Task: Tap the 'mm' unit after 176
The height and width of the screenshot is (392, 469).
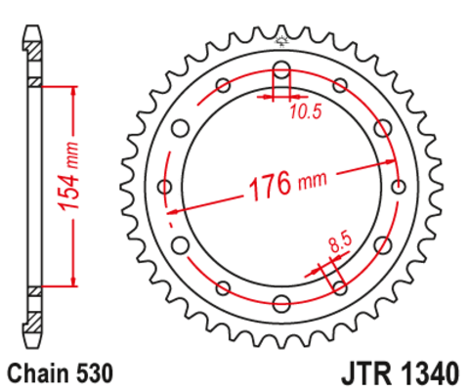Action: click(x=313, y=181)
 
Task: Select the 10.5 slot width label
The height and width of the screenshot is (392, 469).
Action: click(x=306, y=113)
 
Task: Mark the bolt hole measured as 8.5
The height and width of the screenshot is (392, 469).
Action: click(x=340, y=286)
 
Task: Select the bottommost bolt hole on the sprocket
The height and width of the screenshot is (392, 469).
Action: click(x=282, y=301)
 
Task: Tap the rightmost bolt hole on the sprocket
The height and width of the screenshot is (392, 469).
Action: click(x=397, y=186)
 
